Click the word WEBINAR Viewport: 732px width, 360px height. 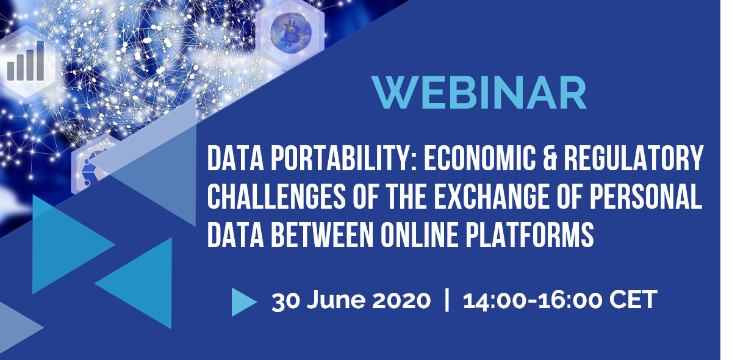pyautogui.click(x=479, y=93)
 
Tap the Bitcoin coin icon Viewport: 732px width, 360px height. pyautogui.click(x=290, y=32)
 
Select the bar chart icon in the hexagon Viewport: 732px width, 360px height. pyautogui.click(x=26, y=61)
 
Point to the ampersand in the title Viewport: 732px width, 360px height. pyautogui.click(x=550, y=158)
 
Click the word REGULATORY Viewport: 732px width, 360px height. pyautogui.click(x=634, y=158)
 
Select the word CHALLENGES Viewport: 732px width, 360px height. pyautogui.click(x=276, y=196)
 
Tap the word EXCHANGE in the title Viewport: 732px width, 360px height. pyautogui.click(x=492, y=196)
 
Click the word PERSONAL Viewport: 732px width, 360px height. pyautogui.click(x=647, y=196)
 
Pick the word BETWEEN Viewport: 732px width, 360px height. pyautogui.click(x=322, y=234)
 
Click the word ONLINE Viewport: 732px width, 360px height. pyautogui.click(x=419, y=234)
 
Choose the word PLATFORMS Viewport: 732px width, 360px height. pyautogui.click(x=529, y=234)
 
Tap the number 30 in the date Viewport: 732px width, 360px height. pyautogui.click(x=285, y=300)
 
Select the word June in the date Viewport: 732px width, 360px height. pyautogui.click(x=336, y=300)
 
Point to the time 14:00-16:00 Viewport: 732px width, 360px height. pyautogui.click(x=533, y=300)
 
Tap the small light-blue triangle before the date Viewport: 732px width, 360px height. pyautogui.click(x=244, y=302)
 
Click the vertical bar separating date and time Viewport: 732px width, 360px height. pyautogui.click(x=447, y=300)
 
